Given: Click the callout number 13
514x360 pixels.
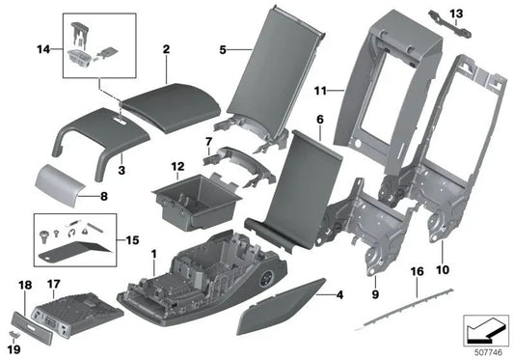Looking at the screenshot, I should point(455,13).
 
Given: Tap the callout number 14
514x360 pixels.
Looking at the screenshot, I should point(43,48).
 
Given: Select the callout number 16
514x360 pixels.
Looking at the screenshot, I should point(417,274).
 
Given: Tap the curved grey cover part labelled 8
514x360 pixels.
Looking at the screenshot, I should point(61,182).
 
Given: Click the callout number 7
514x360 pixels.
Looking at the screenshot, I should point(206,142).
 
